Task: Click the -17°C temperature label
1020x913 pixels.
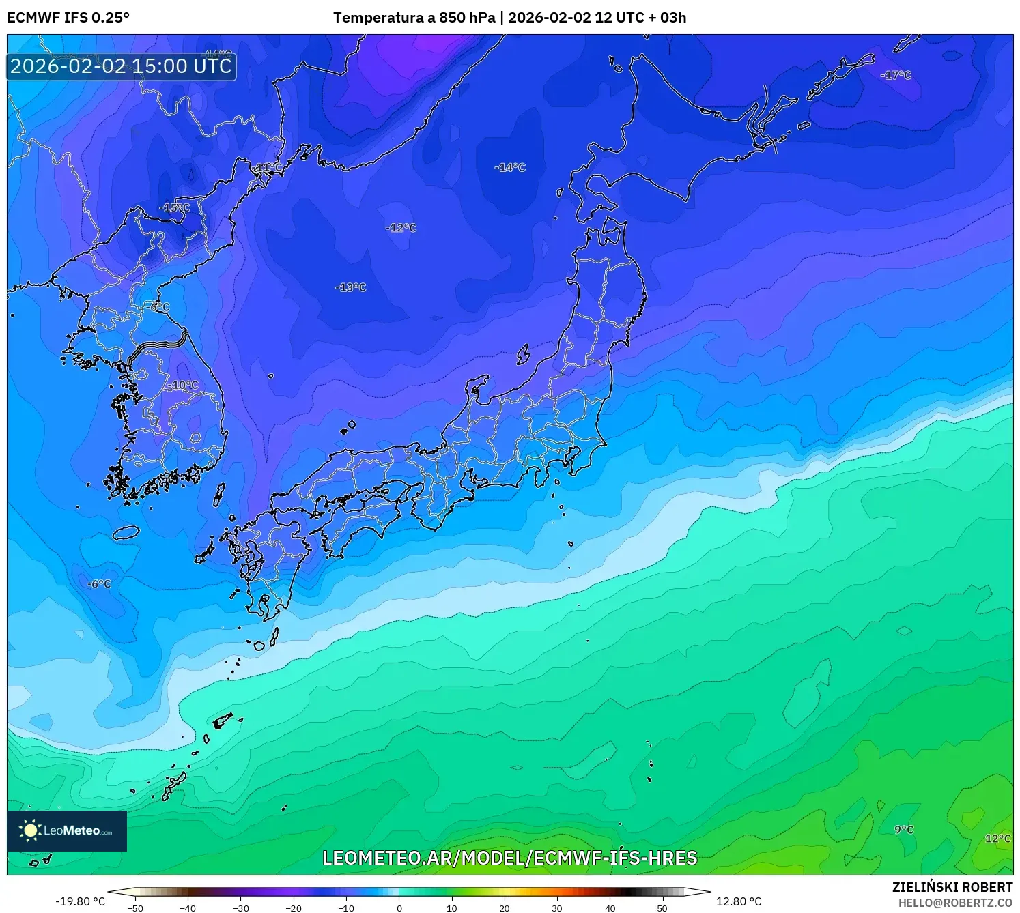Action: (896, 75)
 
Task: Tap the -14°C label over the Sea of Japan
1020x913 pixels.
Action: (510, 167)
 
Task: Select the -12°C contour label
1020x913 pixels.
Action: (401, 227)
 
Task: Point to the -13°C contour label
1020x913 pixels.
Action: (350, 287)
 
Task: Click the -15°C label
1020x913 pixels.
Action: (174, 207)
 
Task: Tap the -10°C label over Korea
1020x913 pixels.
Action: (183, 385)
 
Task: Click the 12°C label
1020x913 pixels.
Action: (997, 838)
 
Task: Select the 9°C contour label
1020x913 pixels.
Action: (904, 829)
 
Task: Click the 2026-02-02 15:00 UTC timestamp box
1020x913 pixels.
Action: (122, 66)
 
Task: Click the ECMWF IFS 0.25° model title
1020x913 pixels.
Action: (68, 18)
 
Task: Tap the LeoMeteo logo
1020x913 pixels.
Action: (67, 830)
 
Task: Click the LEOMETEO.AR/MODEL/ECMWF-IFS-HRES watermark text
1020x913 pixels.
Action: (509, 858)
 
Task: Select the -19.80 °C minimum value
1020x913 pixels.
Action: (81, 901)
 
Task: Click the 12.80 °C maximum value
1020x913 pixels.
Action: (738, 901)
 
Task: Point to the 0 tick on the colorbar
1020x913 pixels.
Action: (399, 908)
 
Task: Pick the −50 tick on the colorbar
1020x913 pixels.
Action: (135, 908)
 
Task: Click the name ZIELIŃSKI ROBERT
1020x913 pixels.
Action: (952, 887)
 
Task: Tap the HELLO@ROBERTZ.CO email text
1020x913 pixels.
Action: (954, 903)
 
